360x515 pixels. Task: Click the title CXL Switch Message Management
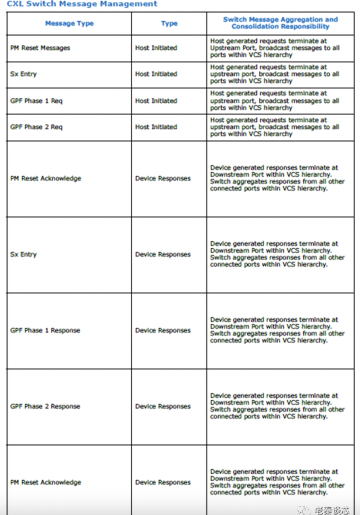[x=82, y=4]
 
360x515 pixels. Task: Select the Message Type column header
[x=69, y=23]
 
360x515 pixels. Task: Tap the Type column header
[x=169, y=23]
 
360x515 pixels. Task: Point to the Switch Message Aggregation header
[x=280, y=23]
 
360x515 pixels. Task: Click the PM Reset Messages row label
[x=40, y=48]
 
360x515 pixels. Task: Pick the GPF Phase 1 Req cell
[x=36, y=101]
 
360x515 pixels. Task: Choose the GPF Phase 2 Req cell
[x=36, y=127]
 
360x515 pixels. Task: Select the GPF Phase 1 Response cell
[x=45, y=330]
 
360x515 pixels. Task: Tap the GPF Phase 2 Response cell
[x=45, y=406]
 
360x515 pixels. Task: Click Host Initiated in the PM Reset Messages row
[x=156, y=48]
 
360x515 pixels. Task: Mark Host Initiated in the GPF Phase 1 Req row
[x=156, y=101]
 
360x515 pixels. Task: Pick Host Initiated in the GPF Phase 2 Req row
[x=156, y=127]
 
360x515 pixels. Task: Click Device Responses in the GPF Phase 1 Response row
[x=163, y=330]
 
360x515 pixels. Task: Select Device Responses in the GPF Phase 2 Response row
[x=163, y=406]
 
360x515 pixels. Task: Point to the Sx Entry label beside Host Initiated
[x=23, y=74]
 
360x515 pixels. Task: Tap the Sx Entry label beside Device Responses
[x=23, y=254]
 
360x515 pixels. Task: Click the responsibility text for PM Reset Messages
[x=275, y=48]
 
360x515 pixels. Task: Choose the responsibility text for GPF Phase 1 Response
[x=277, y=330]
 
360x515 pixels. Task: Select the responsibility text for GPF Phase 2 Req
[x=275, y=127]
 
